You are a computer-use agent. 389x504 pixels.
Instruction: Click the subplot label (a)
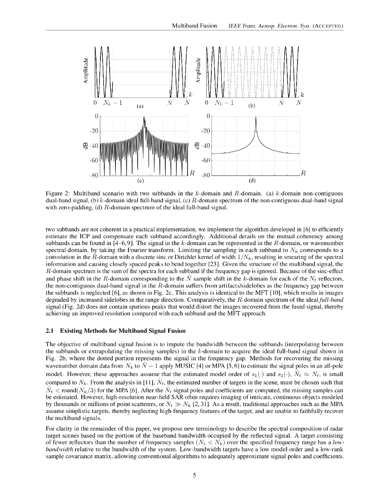[x=140, y=105]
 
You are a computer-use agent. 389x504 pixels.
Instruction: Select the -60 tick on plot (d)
[x=207, y=160]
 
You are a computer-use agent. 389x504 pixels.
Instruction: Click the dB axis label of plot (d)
[x=197, y=146]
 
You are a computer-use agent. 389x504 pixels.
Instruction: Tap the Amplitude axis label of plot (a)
[x=86, y=71]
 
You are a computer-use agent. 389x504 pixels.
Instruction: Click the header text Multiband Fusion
[x=194, y=25]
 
